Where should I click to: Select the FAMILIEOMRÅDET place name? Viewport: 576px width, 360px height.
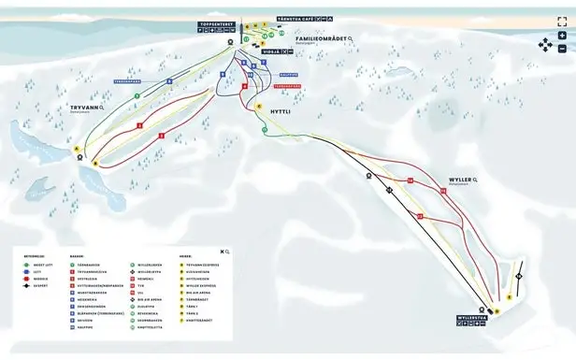point(321,38)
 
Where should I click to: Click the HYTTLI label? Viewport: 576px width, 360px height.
point(281,111)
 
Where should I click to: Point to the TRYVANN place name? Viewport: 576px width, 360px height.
point(84,108)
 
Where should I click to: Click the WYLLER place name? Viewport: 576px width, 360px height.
point(459,179)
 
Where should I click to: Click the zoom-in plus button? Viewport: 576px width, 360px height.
point(562,36)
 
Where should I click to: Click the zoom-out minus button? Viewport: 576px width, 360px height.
point(562,49)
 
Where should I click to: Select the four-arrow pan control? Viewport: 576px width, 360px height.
point(544,43)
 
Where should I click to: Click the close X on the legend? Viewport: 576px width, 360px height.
point(222,252)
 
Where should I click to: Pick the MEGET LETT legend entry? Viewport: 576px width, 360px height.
point(39,266)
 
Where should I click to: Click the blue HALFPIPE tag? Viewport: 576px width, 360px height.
point(287,76)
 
